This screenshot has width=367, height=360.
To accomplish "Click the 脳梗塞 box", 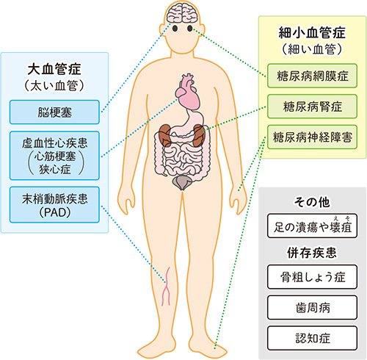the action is coord(54,112).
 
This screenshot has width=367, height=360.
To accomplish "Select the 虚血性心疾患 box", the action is coord(54,156).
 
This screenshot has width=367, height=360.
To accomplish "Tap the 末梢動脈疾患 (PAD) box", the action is coord(54,205).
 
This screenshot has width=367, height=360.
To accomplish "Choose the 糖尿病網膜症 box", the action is coord(312,76).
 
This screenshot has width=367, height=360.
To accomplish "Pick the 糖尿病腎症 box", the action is coord(312,107).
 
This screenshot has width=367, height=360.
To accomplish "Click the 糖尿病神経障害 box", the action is coord(312,137).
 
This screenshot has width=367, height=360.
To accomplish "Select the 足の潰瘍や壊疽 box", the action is coord(312,226).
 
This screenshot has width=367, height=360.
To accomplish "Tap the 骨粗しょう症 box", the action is coord(312,277).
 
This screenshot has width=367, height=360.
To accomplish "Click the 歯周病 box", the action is coord(312,307).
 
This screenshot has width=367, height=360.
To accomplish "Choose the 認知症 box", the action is coord(312,338).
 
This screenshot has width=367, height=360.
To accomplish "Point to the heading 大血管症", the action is coord(54,69).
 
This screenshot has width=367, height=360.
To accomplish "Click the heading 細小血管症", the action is coord(312,32).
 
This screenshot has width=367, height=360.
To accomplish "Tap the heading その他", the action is coord(312,202).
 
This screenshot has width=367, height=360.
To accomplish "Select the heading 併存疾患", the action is coord(312,253).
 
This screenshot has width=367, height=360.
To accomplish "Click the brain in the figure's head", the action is coord(182,13).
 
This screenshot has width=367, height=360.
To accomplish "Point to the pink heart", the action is coord(188,92).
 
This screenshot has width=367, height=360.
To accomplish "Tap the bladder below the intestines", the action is coord(182,182).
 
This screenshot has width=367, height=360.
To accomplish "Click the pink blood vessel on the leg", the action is coord(166,287).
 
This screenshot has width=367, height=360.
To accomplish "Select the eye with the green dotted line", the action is coord(190,29).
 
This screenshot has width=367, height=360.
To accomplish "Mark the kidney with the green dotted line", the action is coord(199,135).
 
